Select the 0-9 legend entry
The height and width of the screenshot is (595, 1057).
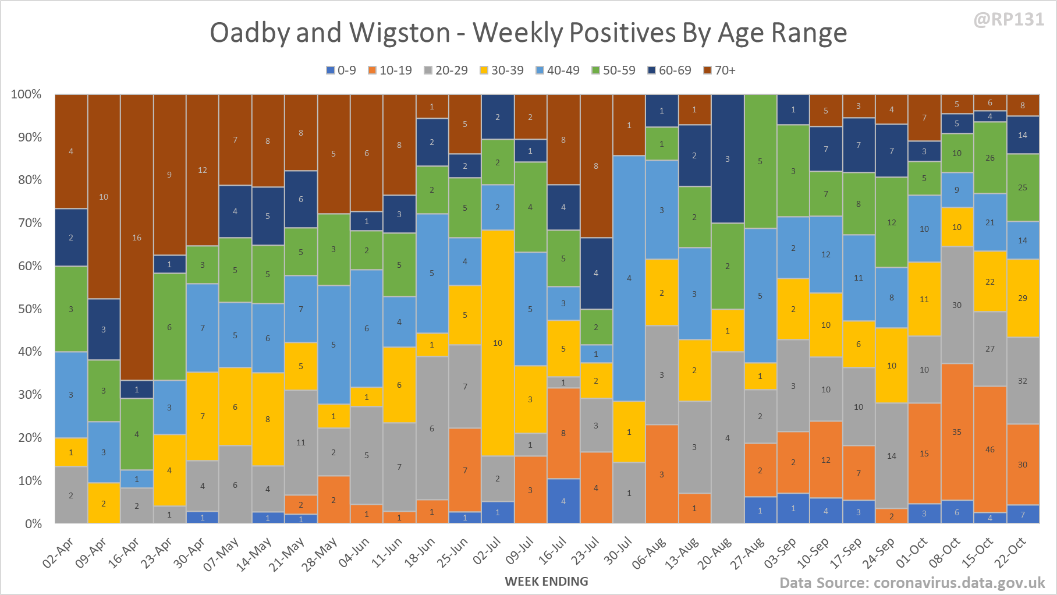click(341, 70)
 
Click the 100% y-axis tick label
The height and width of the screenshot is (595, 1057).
click(26, 94)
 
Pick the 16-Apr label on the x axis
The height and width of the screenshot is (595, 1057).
click(125, 552)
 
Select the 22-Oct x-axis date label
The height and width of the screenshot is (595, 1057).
click(1010, 552)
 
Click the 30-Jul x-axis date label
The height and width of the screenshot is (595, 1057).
click(618, 551)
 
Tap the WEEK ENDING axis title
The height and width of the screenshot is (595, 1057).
click(547, 581)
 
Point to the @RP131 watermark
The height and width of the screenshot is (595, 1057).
click(1009, 19)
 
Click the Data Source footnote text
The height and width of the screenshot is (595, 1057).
click(912, 583)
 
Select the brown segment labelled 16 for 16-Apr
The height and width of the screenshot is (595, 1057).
click(137, 238)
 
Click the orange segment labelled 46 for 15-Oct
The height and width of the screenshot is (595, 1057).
click(990, 449)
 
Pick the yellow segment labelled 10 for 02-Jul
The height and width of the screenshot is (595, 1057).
click(498, 343)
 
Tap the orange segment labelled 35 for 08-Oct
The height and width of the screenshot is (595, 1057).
click(957, 432)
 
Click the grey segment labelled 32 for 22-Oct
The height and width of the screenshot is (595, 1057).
click(1023, 381)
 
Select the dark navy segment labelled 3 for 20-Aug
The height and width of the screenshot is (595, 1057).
click(728, 159)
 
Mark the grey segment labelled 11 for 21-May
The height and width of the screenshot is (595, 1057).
click(301, 442)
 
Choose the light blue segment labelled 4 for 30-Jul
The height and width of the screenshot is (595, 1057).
click(629, 278)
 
